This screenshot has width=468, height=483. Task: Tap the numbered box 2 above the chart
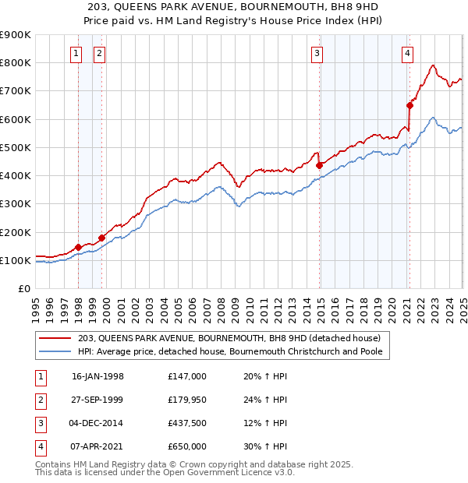[101, 53]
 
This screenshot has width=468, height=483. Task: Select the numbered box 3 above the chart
[317, 53]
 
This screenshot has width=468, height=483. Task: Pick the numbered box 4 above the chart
[407, 53]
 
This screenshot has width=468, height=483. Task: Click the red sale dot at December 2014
[319, 165]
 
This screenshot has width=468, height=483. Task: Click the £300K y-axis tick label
[16, 204]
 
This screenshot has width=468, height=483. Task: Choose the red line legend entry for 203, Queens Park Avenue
[229, 338]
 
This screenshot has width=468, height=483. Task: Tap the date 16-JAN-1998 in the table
[97, 376]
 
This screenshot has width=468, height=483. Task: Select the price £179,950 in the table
[187, 400]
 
